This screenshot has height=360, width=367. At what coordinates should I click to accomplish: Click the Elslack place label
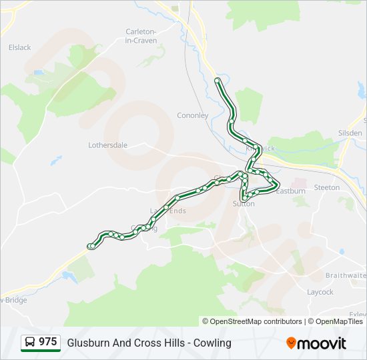click(19, 47)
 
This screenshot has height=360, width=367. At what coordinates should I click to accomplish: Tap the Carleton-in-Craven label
click(141, 36)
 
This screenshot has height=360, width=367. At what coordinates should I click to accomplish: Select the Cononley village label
click(192, 115)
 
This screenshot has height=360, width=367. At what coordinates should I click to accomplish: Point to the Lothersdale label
click(107, 145)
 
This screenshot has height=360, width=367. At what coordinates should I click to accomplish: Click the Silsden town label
click(350, 133)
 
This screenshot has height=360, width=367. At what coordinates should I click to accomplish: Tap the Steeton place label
click(326, 189)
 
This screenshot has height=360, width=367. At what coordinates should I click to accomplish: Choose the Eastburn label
click(291, 191)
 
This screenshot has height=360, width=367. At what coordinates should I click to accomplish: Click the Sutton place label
click(244, 203)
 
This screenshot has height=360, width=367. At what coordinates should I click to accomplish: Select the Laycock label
click(320, 292)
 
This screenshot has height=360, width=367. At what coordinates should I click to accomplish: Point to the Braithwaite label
click(346, 275)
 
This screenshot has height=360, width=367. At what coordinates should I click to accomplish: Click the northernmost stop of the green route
click(217, 81)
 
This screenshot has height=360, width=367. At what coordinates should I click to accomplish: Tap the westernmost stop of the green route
click(90, 246)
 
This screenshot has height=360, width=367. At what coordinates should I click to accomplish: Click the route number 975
click(47, 342)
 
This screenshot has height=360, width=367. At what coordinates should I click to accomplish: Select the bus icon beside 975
click(30, 343)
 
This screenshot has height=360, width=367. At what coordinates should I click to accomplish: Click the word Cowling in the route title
click(214, 343)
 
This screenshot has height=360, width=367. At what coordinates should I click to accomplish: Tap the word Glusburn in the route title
click(87, 343)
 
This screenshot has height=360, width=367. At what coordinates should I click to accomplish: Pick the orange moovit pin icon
click(291, 343)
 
